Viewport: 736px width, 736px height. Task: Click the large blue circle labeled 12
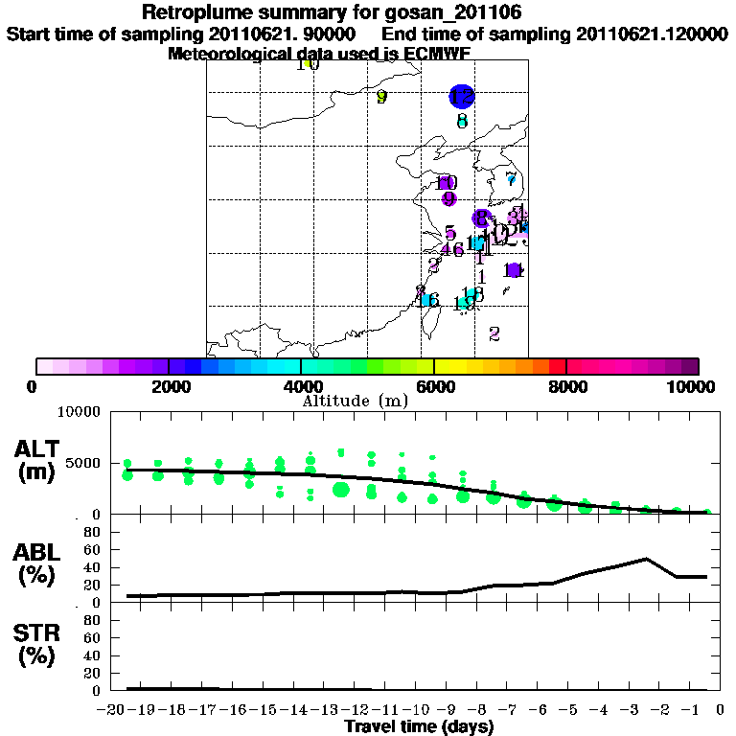pyautogui.click(x=462, y=97)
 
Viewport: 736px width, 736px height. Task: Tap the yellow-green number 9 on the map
pyautogui.click(x=381, y=97)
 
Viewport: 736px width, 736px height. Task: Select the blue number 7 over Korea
pyautogui.click(x=511, y=179)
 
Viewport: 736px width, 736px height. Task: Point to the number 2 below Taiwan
pyautogui.click(x=494, y=333)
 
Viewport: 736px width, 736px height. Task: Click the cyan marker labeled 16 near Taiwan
pyautogui.click(x=428, y=300)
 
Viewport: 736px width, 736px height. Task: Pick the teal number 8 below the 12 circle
pyautogui.click(x=462, y=122)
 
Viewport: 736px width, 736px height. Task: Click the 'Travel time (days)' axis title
pyautogui.click(x=419, y=727)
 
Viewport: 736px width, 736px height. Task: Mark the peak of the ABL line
pyautogui.click(x=647, y=558)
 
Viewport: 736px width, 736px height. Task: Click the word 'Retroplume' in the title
pyautogui.click(x=195, y=12)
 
